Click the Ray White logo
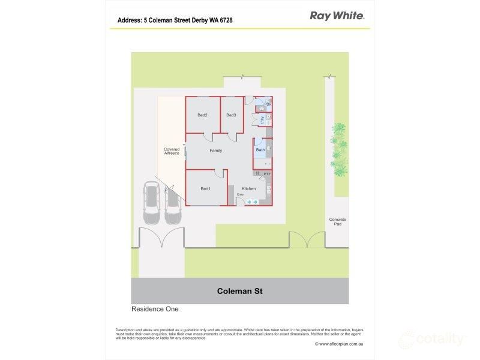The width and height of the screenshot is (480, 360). [336, 16]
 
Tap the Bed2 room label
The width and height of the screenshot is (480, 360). [202, 115]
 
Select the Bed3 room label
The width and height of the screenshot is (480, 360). [231, 115]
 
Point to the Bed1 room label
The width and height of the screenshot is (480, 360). [205, 189]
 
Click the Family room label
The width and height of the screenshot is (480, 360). [215, 151]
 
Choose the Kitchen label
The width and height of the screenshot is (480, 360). [249, 189]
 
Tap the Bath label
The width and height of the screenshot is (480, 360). [260, 150]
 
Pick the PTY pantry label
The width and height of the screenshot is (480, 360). [267, 174]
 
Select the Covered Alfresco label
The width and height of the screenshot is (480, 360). [172, 152]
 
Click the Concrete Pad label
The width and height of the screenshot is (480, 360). [338, 222]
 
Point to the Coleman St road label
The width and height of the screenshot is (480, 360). [239, 292]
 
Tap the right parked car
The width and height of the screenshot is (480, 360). [172, 205]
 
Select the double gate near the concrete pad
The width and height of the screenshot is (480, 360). [307, 240]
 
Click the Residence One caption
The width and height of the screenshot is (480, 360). [155, 310]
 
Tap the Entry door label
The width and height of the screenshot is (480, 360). [240, 194]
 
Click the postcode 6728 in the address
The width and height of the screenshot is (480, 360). [226, 20]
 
